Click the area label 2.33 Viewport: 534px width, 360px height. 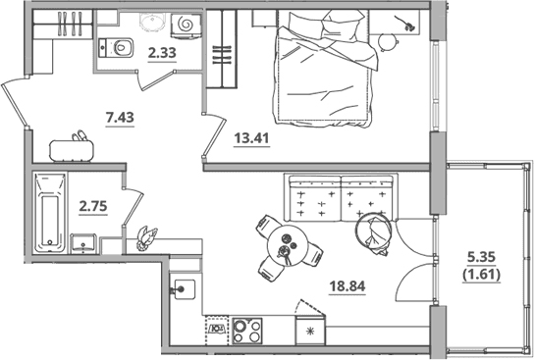pyautogui.click(x=162, y=53)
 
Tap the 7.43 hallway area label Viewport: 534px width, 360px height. pyautogui.click(x=120, y=118)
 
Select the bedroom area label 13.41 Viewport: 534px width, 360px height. pyautogui.click(x=251, y=138)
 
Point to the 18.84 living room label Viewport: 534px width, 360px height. pyautogui.click(x=347, y=286)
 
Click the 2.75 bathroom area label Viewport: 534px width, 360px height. pyautogui.click(x=93, y=206)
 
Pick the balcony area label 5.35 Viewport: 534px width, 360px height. pyautogui.click(x=481, y=257)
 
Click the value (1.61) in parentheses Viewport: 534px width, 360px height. pyautogui.click(x=481, y=274)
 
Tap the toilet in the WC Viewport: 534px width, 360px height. pyautogui.click(x=116, y=48)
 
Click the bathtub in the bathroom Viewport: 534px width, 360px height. pyautogui.click(x=50, y=213)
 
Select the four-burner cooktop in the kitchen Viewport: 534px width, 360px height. pyautogui.click(x=247, y=331)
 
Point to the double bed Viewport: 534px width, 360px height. pyautogui.click(x=325, y=68)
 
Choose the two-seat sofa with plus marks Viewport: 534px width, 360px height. pyautogui.click(x=341, y=198)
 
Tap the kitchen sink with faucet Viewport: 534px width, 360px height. pyautogui.click(x=184, y=289)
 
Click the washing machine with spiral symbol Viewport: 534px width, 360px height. pyautogui.click(x=186, y=25)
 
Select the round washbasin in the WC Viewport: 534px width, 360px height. pyautogui.click(x=152, y=23)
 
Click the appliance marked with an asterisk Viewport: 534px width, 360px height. pyautogui.click(x=310, y=331)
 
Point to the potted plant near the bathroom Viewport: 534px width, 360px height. pyautogui.click(x=146, y=237)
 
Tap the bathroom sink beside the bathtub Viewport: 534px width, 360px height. pyautogui.click(x=83, y=243)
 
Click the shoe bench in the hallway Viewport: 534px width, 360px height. pyautogui.click(x=72, y=151)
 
